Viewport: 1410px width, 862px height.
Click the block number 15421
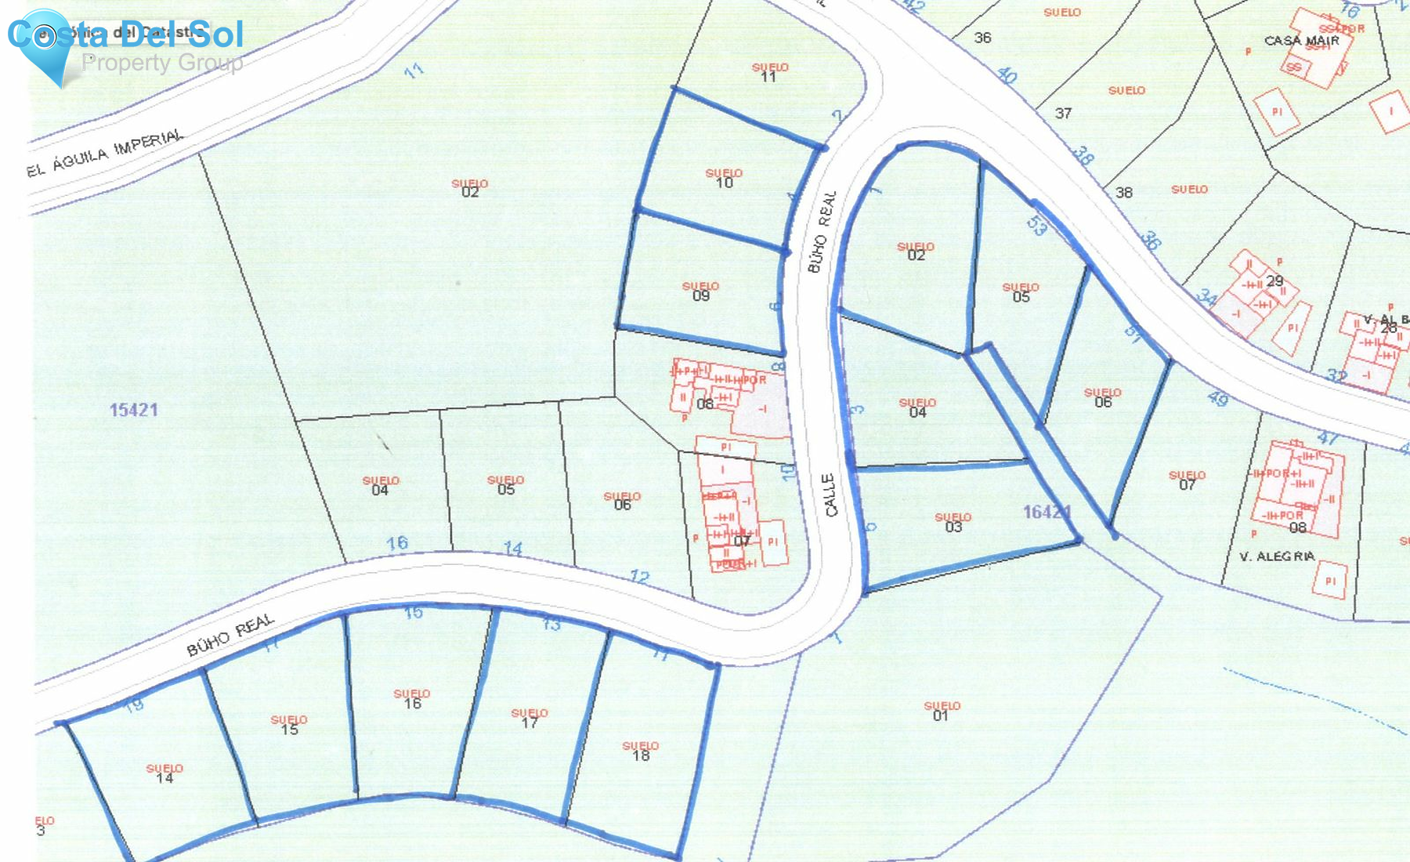(x=133, y=410)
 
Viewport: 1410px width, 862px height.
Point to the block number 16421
(x=1047, y=512)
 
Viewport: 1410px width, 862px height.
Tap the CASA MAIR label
(x=1301, y=41)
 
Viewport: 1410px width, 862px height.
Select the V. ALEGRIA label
(x=1277, y=556)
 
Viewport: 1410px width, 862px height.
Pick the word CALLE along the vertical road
(x=830, y=495)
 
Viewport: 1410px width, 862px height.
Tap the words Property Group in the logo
(x=162, y=63)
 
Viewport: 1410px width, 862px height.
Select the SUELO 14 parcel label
(x=164, y=773)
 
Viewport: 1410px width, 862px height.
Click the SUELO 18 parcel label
(x=641, y=751)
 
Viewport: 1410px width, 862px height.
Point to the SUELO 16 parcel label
(x=412, y=699)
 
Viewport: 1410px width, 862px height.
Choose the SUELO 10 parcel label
(x=724, y=178)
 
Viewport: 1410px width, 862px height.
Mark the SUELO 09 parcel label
(x=700, y=291)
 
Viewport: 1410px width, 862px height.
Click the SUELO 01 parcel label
(x=942, y=711)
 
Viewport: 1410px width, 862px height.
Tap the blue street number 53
(x=1036, y=226)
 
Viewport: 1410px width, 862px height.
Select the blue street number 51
(x=1133, y=335)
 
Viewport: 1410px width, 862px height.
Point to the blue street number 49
(x=1217, y=399)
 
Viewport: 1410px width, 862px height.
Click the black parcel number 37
(x=1063, y=114)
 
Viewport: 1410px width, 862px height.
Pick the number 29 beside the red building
(x=1274, y=281)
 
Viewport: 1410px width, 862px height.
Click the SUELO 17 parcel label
(x=530, y=718)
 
